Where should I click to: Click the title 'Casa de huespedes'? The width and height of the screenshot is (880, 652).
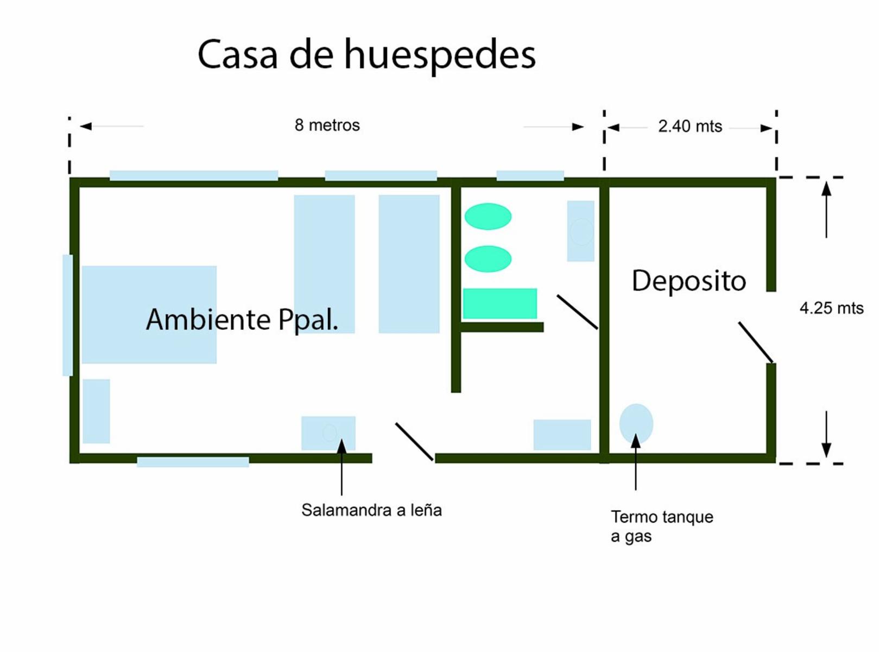click(366, 55)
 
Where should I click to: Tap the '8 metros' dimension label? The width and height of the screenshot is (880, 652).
click(327, 125)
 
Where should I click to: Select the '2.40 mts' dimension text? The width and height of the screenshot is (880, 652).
click(690, 126)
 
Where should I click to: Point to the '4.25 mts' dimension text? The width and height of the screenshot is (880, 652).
click(831, 308)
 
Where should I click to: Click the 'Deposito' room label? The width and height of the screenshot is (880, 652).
click(689, 281)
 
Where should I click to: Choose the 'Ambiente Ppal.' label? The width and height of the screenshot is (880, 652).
click(242, 319)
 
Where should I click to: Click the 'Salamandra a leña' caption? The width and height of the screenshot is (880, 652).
click(371, 510)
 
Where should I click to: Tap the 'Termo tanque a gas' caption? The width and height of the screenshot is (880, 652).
click(662, 526)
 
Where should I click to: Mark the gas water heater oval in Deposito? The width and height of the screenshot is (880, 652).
click(636, 424)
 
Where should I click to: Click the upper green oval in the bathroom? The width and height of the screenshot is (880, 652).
click(488, 216)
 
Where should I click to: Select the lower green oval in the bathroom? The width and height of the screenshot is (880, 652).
click(488, 259)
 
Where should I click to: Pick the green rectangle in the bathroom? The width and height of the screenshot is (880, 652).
click(500, 303)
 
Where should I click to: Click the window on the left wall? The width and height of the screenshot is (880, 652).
click(67, 315)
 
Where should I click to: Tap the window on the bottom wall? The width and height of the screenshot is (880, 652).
click(193, 462)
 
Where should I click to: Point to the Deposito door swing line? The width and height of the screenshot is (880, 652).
click(756, 342)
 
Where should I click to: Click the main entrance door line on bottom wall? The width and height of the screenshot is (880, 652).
click(414, 442)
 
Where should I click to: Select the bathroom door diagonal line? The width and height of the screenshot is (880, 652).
click(577, 312)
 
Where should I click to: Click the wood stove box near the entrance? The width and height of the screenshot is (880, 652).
click(328, 433)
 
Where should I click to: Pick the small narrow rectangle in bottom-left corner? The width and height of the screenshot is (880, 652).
click(97, 411)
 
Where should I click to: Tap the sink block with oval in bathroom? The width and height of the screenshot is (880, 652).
click(580, 231)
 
